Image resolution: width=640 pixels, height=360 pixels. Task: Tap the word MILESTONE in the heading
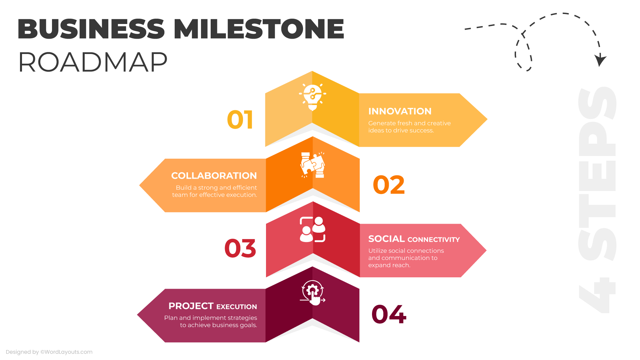pos(259,29)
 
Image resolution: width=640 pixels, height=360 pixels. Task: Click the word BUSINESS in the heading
pos(91,29)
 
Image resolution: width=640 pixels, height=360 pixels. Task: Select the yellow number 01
pos(240,120)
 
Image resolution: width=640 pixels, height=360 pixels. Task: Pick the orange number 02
pos(389,185)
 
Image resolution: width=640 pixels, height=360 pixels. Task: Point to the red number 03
pos(240,248)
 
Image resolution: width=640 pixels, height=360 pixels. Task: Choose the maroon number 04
pos(389,314)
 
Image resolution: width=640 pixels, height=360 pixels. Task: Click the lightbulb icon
pos(312,97)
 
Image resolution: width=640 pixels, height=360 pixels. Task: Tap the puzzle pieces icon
pos(313,165)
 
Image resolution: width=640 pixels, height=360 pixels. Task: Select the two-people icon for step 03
pos(312,229)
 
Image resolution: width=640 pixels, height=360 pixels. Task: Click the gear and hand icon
pos(313,293)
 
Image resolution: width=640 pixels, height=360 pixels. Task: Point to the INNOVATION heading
pos(400,111)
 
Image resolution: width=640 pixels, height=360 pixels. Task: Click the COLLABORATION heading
pos(214,176)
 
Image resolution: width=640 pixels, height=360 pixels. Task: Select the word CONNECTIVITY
pos(433,240)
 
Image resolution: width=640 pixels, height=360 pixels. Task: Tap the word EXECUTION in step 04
pos(237,307)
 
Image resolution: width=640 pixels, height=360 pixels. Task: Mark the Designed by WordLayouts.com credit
pos(49,352)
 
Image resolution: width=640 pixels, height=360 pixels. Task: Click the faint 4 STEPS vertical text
pos(597,200)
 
